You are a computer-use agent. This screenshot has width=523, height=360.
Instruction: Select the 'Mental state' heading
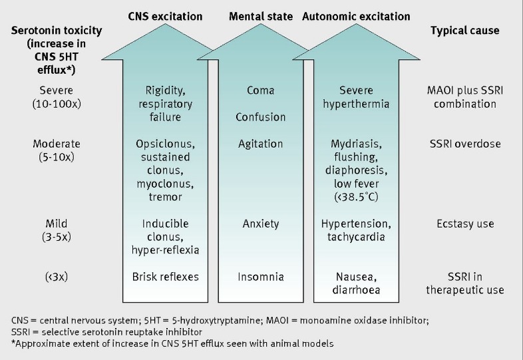point(260,16)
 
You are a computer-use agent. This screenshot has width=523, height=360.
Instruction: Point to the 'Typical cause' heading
point(464,31)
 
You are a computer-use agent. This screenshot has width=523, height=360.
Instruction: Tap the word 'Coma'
point(260,90)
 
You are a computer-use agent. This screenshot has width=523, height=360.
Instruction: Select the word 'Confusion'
point(260,117)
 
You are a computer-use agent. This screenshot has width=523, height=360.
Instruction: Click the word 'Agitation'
point(260,144)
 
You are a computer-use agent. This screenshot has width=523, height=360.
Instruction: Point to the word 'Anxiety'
point(260,224)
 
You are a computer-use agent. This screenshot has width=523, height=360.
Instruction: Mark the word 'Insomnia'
point(260,276)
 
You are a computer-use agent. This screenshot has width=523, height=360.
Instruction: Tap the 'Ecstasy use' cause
point(465,224)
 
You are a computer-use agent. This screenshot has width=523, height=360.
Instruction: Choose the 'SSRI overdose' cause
point(465,144)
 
